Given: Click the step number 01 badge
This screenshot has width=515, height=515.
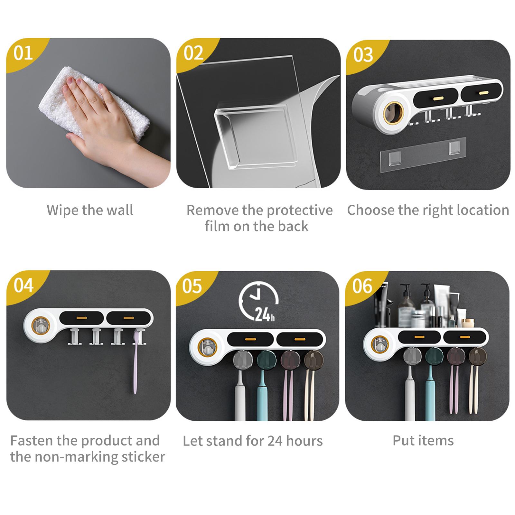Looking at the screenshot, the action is click(23, 53).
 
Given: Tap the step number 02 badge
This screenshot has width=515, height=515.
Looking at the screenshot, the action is click(193, 53).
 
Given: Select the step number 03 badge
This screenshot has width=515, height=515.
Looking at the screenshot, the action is click(363, 55).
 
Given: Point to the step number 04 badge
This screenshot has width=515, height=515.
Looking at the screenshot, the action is click(23, 286).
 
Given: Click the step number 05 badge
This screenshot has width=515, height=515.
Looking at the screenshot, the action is click(192, 286).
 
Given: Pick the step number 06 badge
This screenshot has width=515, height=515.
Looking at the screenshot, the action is click(362, 286).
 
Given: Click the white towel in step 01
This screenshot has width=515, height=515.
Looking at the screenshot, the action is click(93, 103).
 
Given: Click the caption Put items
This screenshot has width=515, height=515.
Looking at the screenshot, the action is click(423, 441).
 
